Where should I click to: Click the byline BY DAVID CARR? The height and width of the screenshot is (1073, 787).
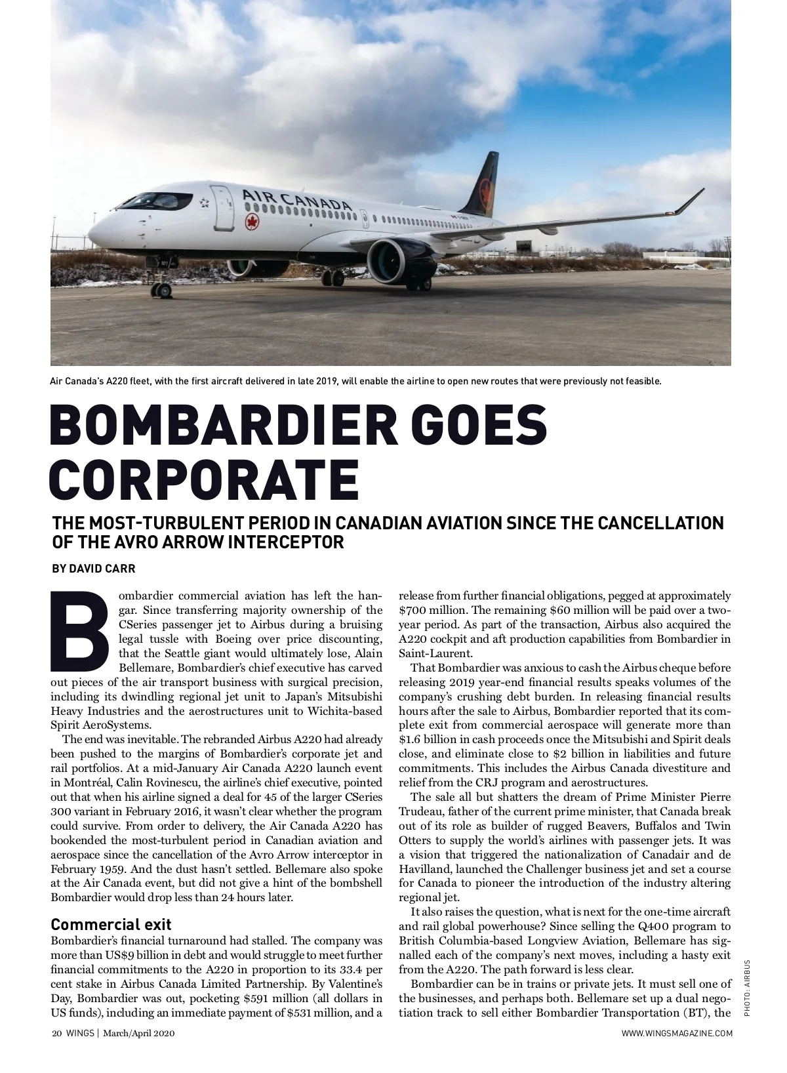[94, 569]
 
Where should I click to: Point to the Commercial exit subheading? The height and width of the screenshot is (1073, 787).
[111, 925]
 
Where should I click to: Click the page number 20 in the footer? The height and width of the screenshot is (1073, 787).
[56, 1034]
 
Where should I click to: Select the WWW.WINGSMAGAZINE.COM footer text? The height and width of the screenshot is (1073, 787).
[677, 1034]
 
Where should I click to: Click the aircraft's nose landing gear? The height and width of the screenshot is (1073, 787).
[161, 289]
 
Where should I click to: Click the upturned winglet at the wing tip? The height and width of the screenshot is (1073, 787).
[689, 200]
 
